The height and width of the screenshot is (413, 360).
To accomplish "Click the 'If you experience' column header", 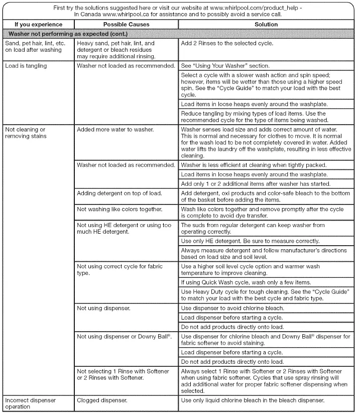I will pos(38,24).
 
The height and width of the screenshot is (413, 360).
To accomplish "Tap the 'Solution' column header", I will pos(266,24).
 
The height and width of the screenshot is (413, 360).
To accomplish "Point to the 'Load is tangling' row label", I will pos(26,66).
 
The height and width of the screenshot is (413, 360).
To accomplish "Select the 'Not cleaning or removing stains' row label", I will pos(26,133).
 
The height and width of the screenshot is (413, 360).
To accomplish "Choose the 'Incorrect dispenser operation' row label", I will pos(30,403).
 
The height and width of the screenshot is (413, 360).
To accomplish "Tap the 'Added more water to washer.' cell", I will pos(115,130).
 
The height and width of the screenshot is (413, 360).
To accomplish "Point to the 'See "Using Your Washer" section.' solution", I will pos(225,66).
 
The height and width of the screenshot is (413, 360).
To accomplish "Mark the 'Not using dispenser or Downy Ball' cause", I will pos(125,336).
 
